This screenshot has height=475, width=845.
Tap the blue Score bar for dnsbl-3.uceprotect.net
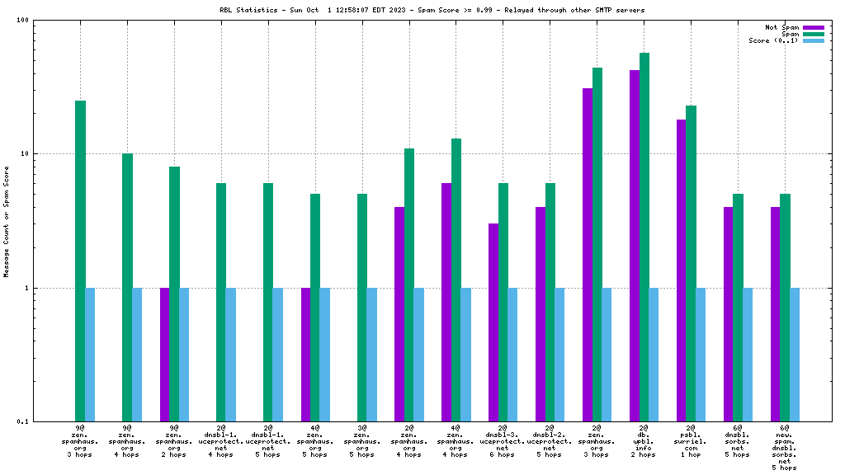click(512, 355)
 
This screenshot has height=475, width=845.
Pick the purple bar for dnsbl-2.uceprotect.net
click(541, 314)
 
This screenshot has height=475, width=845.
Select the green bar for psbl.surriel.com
click(692, 264)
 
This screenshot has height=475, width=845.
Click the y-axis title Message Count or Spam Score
click(7, 221)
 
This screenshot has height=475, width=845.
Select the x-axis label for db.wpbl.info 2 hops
click(644, 441)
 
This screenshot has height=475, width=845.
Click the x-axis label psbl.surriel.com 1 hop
click(691, 441)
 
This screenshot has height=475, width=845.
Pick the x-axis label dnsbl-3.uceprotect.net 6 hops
click(503, 441)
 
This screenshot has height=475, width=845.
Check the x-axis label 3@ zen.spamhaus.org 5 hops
click(362, 441)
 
